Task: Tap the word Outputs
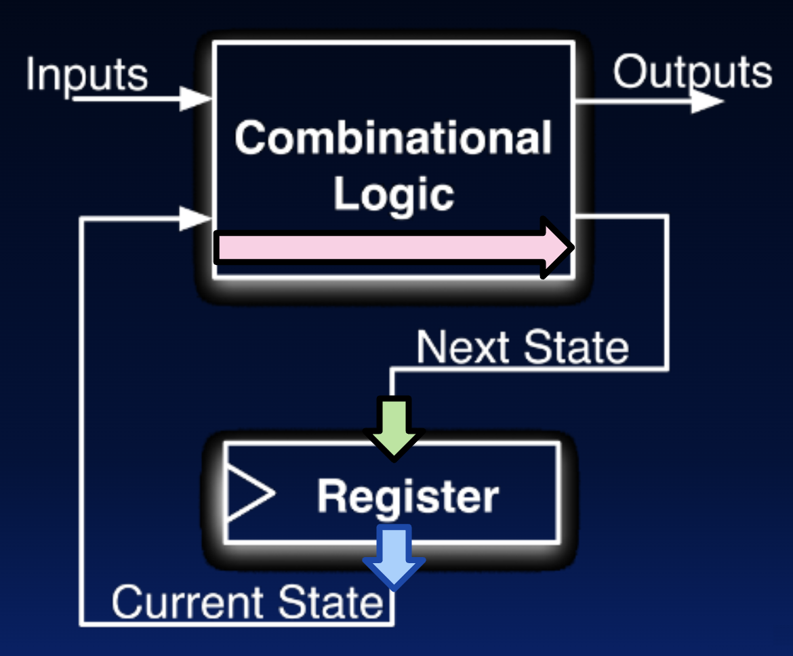pos(692,73)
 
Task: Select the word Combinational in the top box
pos(393,138)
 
